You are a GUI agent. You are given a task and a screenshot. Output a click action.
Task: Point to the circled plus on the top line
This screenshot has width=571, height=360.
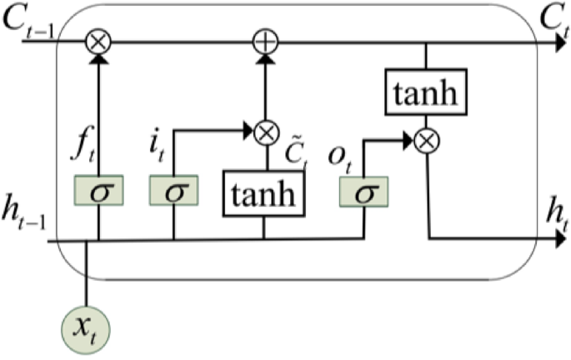pos(264,40)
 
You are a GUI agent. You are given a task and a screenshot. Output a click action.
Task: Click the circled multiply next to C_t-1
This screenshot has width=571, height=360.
pos(99,40)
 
